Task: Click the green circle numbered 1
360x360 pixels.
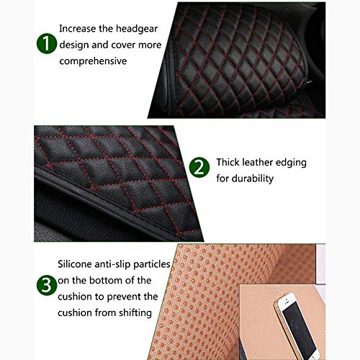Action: [x=47, y=43]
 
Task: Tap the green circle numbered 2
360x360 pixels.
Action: [x=199, y=167]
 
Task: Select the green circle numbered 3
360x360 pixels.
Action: [x=47, y=285]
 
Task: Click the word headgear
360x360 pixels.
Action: [x=137, y=30]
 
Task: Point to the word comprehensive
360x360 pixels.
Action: [x=93, y=61]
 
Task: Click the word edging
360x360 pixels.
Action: [x=291, y=163]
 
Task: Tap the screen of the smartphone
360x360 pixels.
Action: [x=299, y=328]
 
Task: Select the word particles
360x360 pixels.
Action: [x=152, y=264]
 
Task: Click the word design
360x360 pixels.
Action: [x=74, y=45]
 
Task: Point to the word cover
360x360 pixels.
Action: [x=123, y=45]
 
